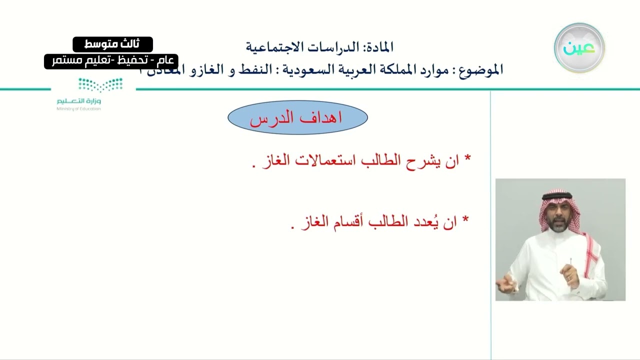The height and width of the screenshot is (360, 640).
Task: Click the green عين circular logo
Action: [579, 48]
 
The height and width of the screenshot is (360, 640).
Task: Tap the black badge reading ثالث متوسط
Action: [112, 44]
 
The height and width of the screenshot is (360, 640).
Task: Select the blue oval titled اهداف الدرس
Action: [297, 118]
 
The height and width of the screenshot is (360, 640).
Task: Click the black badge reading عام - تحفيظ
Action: [111, 61]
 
